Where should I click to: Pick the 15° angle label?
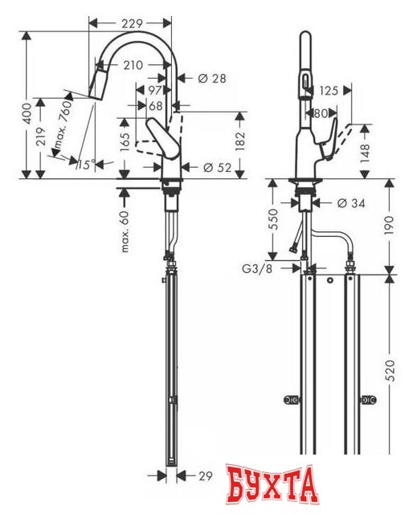click(86, 165)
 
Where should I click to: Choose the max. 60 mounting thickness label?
click(125, 234)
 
